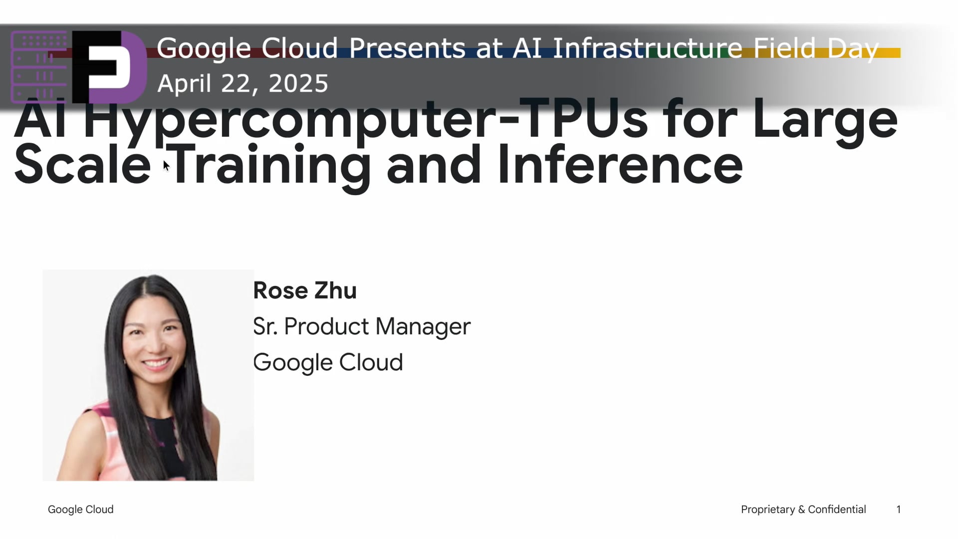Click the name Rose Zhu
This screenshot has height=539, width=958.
pyautogui.click(x=305, y=290)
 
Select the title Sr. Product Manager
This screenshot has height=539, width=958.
pyautogui.click(x=362, y=326)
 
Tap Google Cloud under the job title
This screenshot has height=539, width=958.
pyautogui.click(x=328, y=362)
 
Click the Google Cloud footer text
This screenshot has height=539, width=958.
pyautogui.click(x=81, y=510)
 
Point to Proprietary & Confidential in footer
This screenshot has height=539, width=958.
pyautogui.click(x=803, y=510)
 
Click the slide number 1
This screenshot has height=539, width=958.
pyautogui.click(x=899, y=510)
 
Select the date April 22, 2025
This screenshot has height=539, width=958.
pyautogui.click(x=242, y=83)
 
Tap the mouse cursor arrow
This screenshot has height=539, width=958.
pyautogui.click(x=166, y=166)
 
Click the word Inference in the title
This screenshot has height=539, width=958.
pyautogui.click(x=620, y=165)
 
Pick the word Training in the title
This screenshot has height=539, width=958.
pyautogui.click(x=270, y=165)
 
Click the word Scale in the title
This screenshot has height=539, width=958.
pyautogui.click(x=82, y=165)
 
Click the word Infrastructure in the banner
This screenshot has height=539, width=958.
pyautogui.click(x=648, y=48)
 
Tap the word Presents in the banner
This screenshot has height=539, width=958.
pyautogui.click(x=407, y=48)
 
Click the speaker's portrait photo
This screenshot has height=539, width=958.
pyautogui.click(x=148, y=375)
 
